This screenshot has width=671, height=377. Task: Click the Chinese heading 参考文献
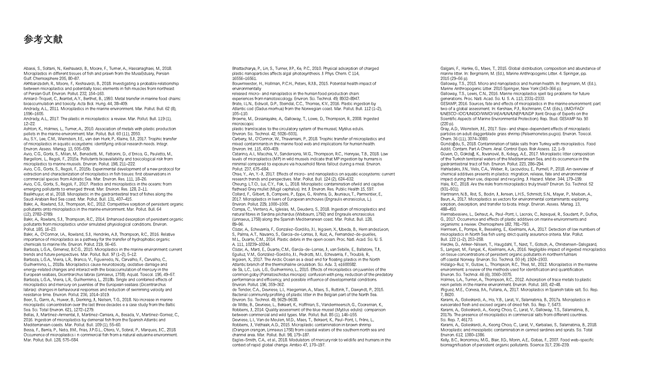point(43,39)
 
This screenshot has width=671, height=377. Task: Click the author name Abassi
point(30,69)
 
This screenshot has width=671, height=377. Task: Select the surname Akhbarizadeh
point(35,83)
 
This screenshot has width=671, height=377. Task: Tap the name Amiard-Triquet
point(36,98)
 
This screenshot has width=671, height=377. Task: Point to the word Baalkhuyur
point(34,194)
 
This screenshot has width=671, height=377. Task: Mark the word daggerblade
point(527,134)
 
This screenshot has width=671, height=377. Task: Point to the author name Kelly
point(446,339)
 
